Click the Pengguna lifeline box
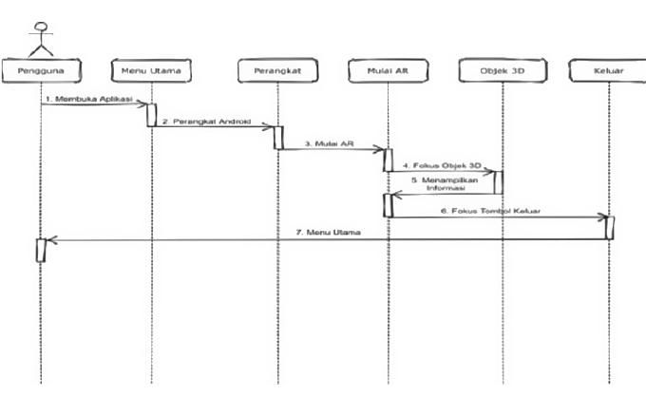(x=41, y=71)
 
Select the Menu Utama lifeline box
(x=150, y=71)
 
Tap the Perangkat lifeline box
(x=276, y=71)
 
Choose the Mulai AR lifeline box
(x=388, y=71)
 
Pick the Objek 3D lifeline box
(x=496, y=71)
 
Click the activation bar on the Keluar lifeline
(x=609, y=228)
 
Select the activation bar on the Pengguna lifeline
(x=41, y=251)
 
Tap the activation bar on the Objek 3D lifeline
(x=498, y=181)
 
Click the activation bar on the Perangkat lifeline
(x=278, y=137)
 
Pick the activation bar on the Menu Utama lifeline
(x=151, y=114)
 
